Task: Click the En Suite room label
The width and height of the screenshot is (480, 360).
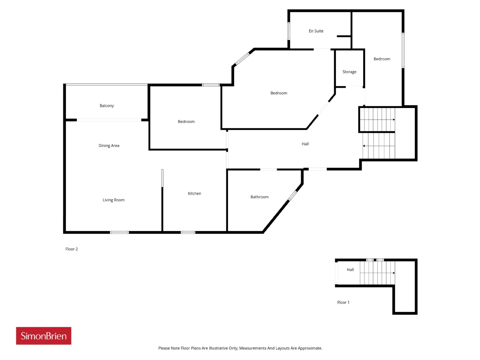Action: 316,31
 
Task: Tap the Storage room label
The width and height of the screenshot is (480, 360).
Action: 349,72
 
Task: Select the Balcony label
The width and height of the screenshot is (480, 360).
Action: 106,106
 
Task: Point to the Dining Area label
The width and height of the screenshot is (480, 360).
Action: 109,145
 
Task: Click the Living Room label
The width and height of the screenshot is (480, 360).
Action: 114,200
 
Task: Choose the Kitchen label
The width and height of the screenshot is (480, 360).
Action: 194,193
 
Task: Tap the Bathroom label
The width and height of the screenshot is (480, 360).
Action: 259,197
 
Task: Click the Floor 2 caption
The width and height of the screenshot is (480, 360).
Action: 72,249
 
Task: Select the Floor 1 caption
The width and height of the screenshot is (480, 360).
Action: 343,302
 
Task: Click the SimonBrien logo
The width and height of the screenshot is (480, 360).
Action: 43,336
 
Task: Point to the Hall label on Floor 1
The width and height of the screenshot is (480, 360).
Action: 350,270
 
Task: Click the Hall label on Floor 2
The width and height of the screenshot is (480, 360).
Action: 305,144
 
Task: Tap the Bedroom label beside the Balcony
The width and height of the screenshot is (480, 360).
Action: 186,121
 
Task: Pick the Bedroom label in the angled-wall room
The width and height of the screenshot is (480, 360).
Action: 279,93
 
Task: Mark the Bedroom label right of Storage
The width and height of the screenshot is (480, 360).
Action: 382,59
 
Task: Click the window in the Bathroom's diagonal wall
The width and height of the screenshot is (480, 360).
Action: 292,195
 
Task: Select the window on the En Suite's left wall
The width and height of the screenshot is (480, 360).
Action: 289,31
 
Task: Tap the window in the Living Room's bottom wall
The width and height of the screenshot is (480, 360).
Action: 119,232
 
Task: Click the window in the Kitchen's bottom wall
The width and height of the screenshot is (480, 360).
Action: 188,232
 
